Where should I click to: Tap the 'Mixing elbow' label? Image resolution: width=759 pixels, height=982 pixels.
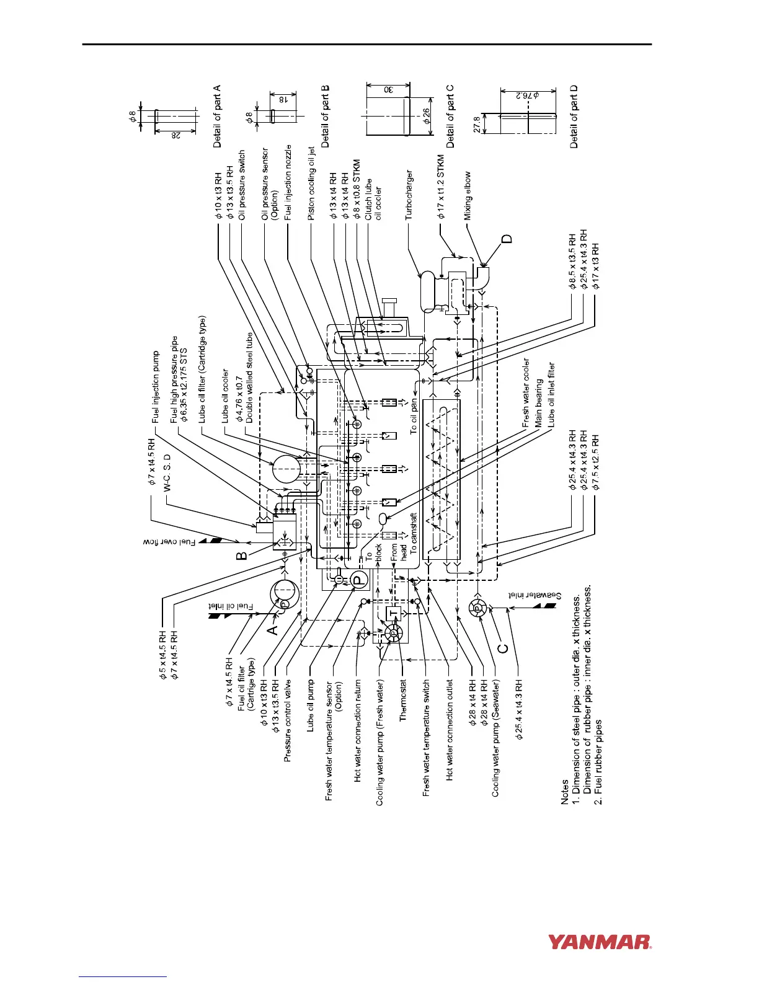click(x=468, y=195)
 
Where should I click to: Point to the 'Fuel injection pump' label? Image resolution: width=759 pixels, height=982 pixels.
click(x=156, y=387)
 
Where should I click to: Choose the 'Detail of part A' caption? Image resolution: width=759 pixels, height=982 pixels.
click(x=217, y=117)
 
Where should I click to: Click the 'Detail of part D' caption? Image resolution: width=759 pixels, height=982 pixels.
click(x=574, y=117)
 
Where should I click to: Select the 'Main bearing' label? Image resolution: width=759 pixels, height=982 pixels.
click(x=539, y=400)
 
